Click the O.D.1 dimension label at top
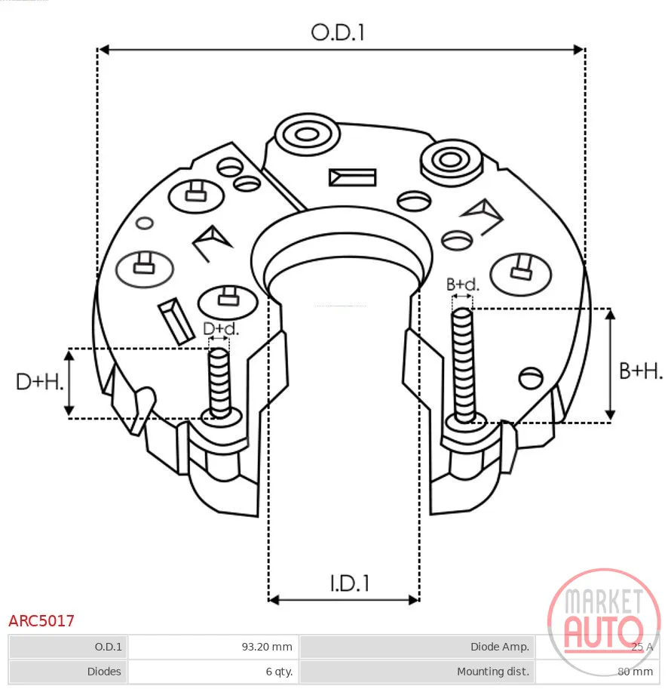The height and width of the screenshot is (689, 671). point(338,32)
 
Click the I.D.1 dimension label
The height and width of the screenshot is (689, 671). point(350,583)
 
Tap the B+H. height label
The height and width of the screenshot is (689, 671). point(641,371)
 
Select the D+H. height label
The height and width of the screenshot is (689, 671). point(39,382)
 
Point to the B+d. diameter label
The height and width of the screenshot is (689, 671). point(463,285)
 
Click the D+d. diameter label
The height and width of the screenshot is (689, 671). point(221,329)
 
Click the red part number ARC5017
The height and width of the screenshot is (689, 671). point(41,621)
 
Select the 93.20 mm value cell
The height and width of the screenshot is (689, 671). point(213,647)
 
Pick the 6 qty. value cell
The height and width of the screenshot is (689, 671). point(213,672)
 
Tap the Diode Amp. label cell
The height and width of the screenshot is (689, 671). point(417,647)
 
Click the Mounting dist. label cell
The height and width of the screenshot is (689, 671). point(417,672)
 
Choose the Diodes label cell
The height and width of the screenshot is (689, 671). point(68,672)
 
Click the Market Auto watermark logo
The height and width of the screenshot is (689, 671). point(604,622)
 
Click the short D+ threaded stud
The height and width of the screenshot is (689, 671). point(219,383)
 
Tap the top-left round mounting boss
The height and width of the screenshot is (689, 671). point(307,134)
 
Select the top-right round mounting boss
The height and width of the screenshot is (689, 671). point(451,161)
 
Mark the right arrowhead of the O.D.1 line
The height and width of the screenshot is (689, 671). point(579,50)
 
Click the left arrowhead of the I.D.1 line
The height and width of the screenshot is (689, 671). point(274,600)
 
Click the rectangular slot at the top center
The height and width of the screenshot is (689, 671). point(352,177)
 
